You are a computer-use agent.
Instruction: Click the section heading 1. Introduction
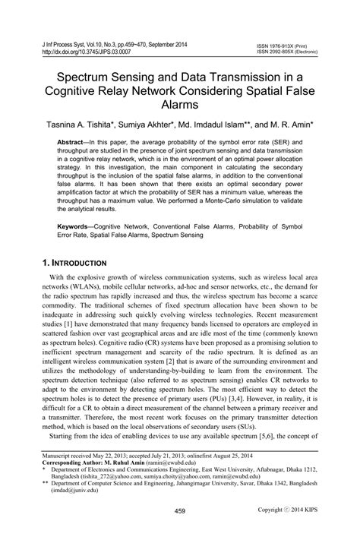pos(82,262)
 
